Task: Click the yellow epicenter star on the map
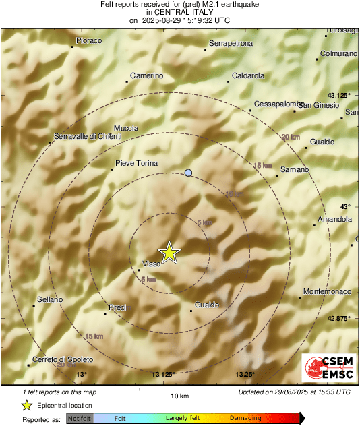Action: coord(170,251)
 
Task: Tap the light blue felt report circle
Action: coord(189,173)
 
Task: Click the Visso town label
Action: coord(152,264)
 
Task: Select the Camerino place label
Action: coord(147,75)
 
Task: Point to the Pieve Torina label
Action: coord(137,164)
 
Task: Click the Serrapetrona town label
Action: coord(231,44)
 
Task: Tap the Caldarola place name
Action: coord(247,76)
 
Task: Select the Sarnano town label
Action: coord(295,169)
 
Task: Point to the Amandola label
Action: coord(334,220)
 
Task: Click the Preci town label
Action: coord(118,307)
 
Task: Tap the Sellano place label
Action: coord(50,299)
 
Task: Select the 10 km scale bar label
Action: coord(179,396)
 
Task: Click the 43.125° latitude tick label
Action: coord(339,95)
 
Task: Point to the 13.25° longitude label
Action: coord(245,375)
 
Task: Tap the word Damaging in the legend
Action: coord(246,419)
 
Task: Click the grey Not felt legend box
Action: coord(80,419)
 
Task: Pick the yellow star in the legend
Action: coord(27,406)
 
